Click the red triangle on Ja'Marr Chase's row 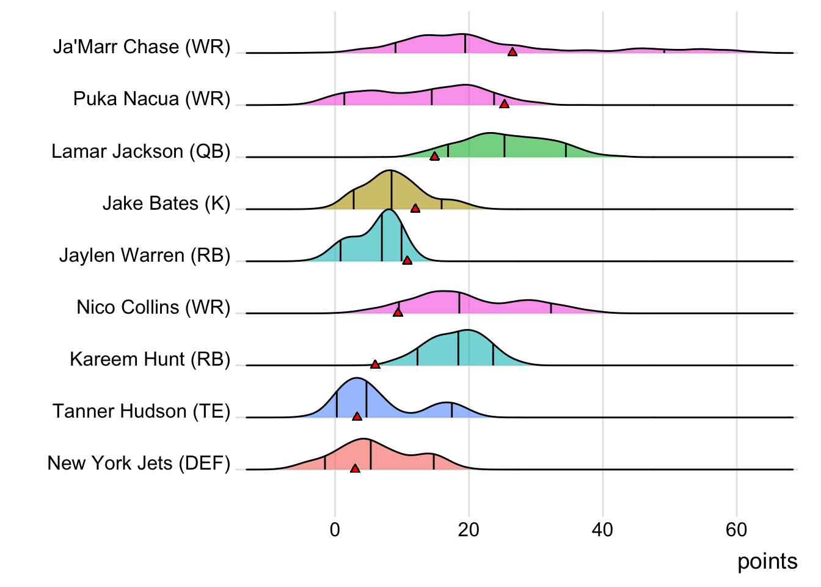[x=513, y=52]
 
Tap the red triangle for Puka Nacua [x=504, y=104]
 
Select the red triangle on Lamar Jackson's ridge [x=434, y=156]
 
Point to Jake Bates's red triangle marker [x=415, y=209]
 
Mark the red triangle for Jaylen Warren [x=407, y=260]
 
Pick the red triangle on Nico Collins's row [x=398, y=312]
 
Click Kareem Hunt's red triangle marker [x=375, y=364]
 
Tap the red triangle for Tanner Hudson [x=357, y=416]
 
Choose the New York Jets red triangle [x=355, y=468]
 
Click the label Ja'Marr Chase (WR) [x=142, y=47]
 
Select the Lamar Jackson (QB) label [x=140, y=151]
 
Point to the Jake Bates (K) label [x=166, y=203]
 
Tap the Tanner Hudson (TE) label [x=141, y=411]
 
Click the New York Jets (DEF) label [x=139, y=463]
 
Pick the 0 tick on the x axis [x=335, y=530]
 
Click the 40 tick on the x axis [x=602, y=530]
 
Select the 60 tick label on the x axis [x=736, y=530]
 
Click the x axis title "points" [x=767, y=561]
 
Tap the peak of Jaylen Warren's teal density [x=388, y=210]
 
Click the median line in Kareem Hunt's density [x=458, y=349]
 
